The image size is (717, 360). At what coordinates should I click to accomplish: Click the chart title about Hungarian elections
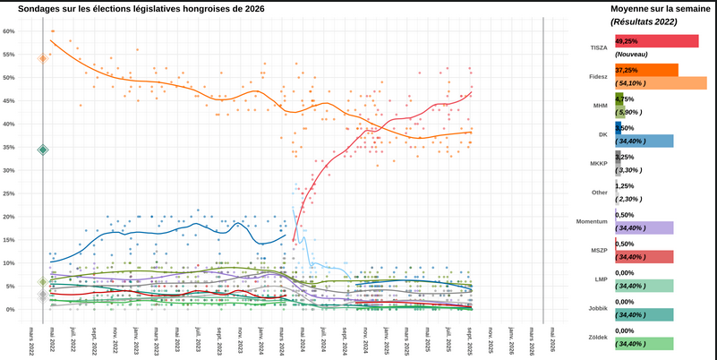[141, 8]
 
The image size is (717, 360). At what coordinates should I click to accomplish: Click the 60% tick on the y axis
[9, 30]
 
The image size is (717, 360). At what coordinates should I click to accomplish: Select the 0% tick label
[11, 310]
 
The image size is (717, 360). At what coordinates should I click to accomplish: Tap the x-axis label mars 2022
[32, 342]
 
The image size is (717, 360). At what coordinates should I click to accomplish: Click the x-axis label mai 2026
[553, 340]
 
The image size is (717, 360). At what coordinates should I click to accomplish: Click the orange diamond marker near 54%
[42, 58]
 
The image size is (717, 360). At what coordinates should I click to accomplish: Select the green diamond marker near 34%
[42, 150]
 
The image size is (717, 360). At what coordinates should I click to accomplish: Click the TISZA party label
[599, 46]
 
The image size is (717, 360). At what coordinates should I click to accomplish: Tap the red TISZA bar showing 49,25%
[657, 41]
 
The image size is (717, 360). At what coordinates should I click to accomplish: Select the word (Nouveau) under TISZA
[633, 55]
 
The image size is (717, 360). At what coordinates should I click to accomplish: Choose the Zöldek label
[596, 338]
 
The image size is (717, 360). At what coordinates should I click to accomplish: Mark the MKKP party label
[598, 163]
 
